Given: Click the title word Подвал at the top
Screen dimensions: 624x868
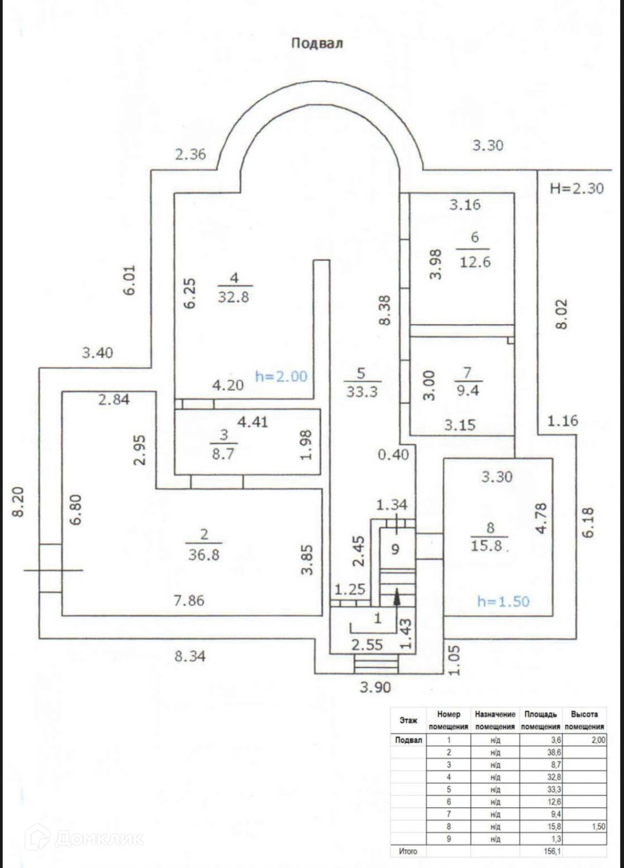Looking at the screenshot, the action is [x=317, y=43].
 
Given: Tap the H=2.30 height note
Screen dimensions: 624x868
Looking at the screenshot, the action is [x=577, y=188].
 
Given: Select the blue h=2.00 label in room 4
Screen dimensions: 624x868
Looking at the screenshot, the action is [x=281, y=376].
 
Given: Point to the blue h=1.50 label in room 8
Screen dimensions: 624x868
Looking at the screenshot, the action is [x=503, y=602].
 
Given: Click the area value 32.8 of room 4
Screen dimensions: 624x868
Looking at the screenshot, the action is [x=233, y=297].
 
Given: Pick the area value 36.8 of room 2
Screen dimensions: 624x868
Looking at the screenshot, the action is [x=204, y=554].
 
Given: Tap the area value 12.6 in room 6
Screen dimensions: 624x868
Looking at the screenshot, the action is [x=475, y=261].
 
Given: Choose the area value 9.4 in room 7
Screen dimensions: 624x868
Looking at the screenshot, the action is [x=467, y=391].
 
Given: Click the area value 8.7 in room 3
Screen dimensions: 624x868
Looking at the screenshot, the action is [x=223, y=453].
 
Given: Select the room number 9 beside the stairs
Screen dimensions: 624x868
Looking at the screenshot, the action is [x=395, y=549].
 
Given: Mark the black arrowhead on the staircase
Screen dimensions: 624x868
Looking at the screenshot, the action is [x=397, y=596].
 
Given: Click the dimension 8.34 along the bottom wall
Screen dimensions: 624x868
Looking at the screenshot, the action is [x=190, y=656].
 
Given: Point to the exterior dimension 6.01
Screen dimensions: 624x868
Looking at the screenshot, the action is [x=129, y=280].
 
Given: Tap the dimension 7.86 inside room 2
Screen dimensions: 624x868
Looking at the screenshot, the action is [x=189, y=601].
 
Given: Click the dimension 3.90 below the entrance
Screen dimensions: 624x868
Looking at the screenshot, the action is [x=375, y=688].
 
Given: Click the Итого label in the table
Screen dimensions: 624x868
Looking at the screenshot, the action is [x=408, y=851].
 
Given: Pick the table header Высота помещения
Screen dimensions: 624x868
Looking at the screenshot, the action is [x=584, y=720].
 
